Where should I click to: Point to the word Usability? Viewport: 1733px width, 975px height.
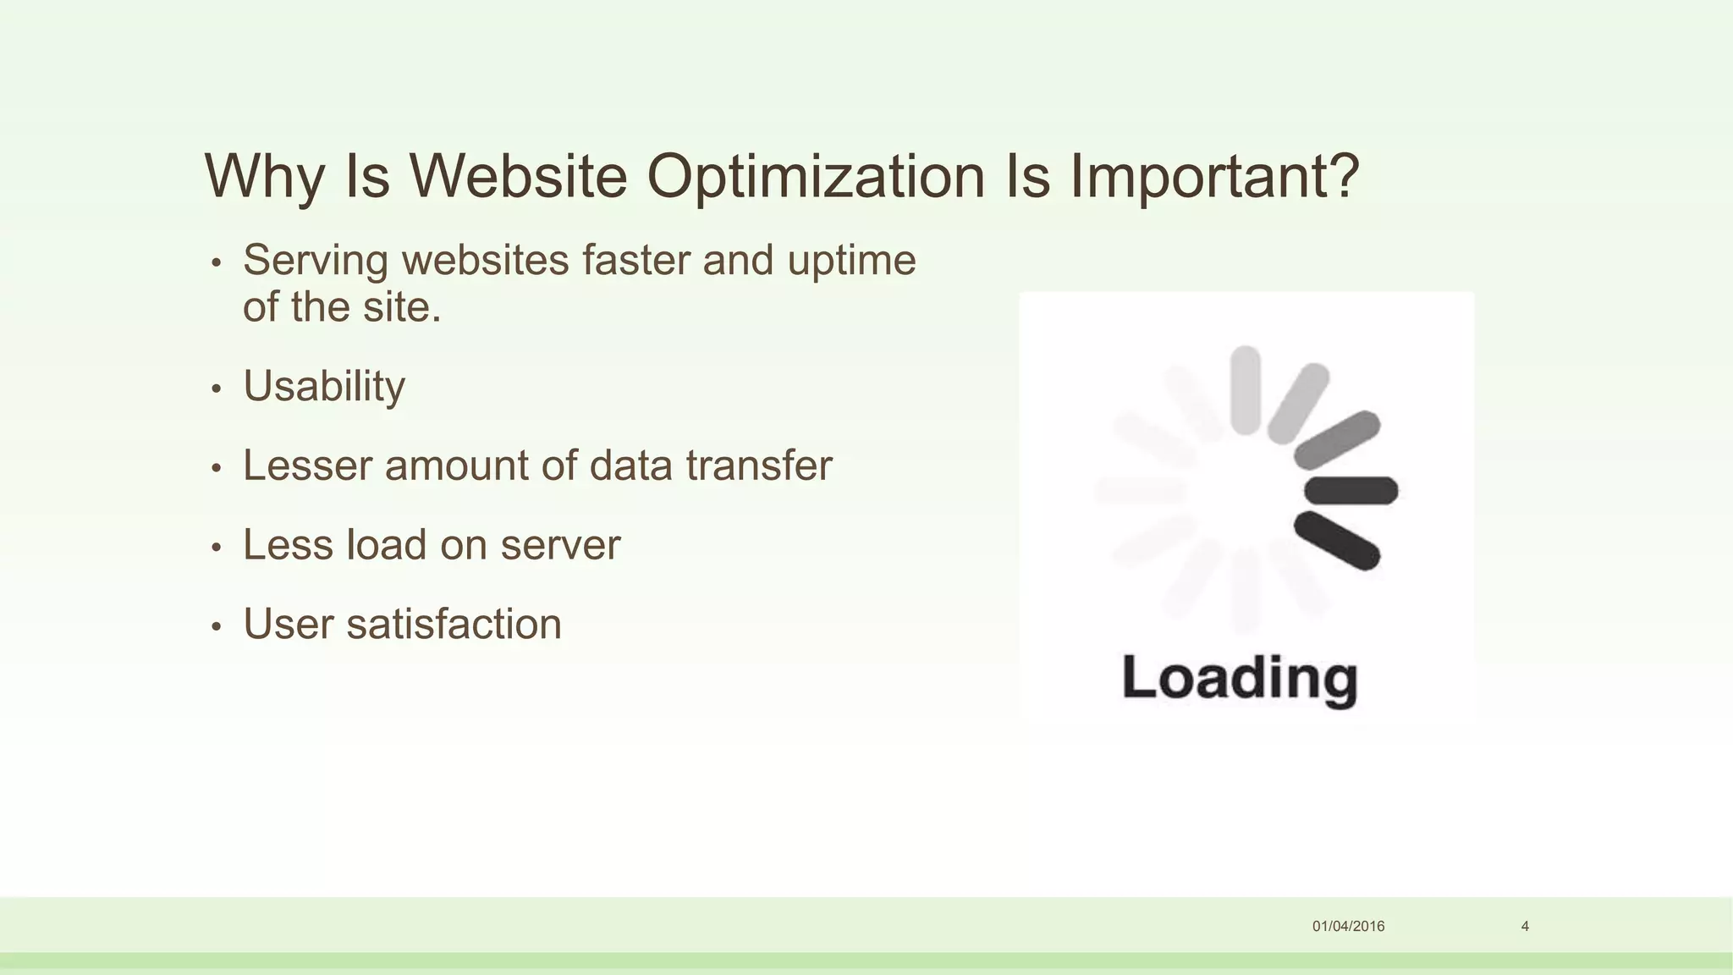point(324,387)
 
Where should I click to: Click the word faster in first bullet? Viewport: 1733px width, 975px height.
point(635,260)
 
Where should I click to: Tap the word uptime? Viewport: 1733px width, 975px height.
point(851,262)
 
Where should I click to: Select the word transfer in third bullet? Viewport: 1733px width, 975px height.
point(759,465)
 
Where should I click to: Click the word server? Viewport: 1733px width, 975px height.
point(560,545)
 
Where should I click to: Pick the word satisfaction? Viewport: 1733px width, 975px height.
point(454,625)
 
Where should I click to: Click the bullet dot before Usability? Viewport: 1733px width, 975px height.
point(217,389)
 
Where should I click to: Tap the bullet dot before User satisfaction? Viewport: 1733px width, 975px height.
point(217,627)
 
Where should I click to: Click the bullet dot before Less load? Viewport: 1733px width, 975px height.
point(217,548)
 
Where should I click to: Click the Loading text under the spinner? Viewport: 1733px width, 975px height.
point(1240,679)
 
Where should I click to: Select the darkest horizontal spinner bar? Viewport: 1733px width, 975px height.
point(1351,490)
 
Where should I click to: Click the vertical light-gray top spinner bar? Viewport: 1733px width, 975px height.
point(1245,390)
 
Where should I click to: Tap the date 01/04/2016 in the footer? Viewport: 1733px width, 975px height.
point(1348,926)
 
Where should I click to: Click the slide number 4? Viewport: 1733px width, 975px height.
point(1525,926)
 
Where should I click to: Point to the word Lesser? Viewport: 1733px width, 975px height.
point(307,465)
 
